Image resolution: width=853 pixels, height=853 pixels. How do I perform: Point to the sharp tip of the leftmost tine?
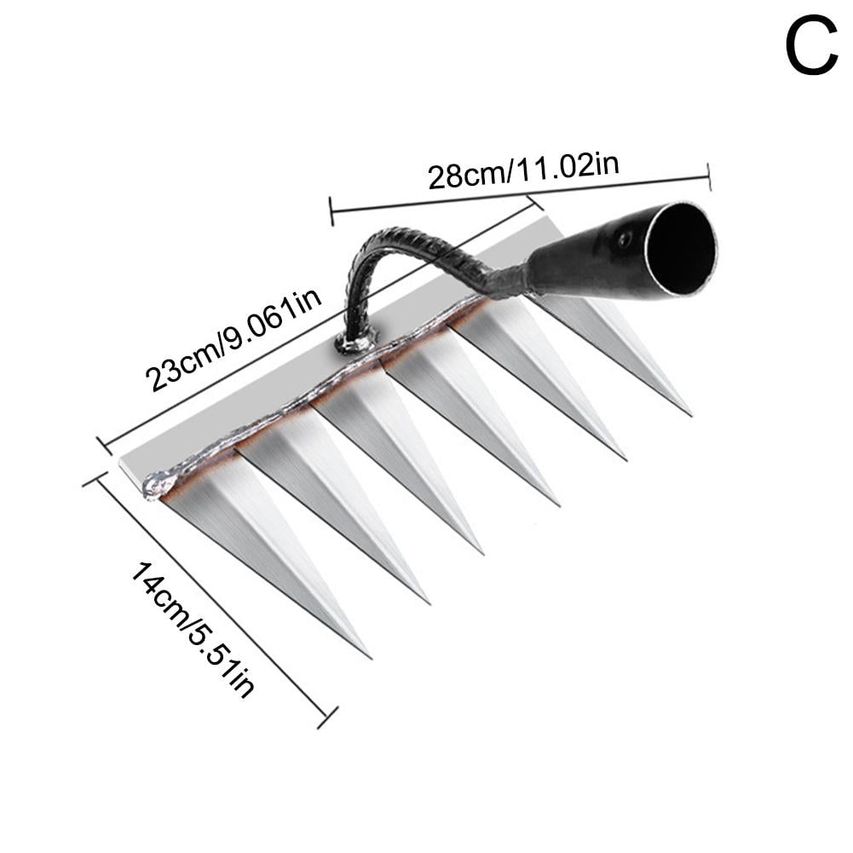pyautogui.click(x=370, y=656)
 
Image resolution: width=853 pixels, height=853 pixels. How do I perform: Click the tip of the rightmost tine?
pyautogui.click(x=689, y=414)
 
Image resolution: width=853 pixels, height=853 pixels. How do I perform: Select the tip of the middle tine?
pyautogui.click(x=483, y=553)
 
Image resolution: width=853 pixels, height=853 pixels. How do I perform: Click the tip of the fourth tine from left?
pyautogui.click(x=558, y=504)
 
